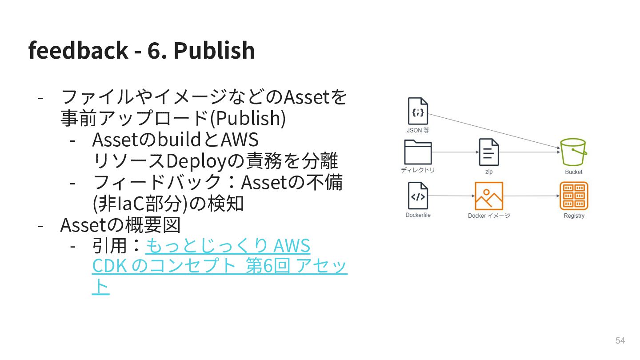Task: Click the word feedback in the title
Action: point(78,50)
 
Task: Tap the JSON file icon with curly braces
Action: point(418,111)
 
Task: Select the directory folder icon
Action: point(418,152)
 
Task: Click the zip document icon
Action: point(488,152)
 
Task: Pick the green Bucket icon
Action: point(573,152)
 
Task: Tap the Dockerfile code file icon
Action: point(418,196)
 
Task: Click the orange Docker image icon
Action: point(488,196)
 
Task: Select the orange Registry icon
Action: point(574,196)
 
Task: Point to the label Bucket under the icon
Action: point(573,172)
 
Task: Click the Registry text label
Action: point(574,216)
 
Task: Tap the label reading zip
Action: point(488,172)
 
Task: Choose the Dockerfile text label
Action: point(418,215)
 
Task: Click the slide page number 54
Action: point(620,340)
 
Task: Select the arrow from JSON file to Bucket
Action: point(493,131)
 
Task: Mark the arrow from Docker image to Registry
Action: point(531,196)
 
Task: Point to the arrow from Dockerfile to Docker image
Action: point(451,196)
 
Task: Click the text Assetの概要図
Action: point(120,225)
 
